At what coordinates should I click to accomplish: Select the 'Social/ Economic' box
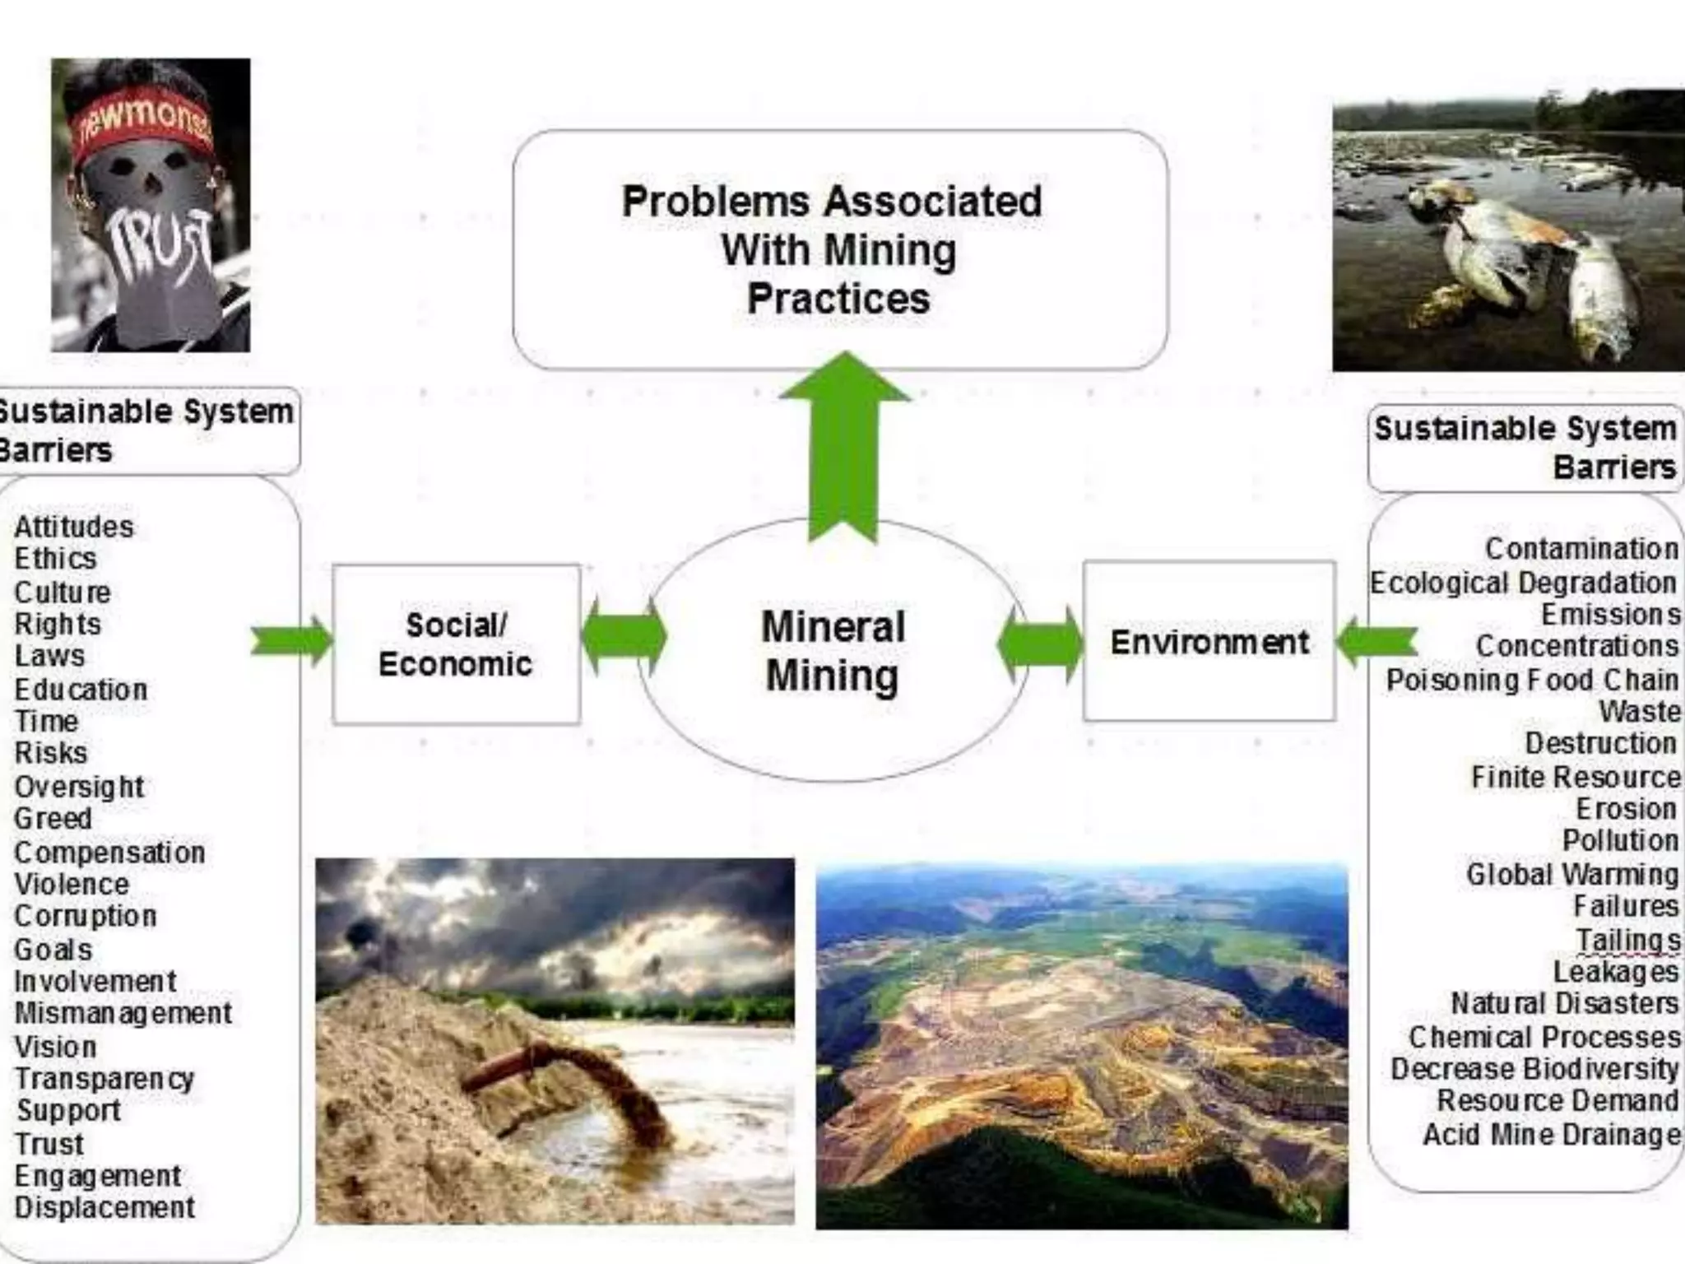coord(456,644)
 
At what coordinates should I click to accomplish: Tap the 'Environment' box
coord(1209,642)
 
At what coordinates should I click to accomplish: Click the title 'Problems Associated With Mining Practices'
coord(833,249)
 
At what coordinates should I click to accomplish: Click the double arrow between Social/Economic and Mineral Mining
coord(624,637)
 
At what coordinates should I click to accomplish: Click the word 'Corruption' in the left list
coord(86,916)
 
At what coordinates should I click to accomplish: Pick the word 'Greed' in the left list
coord(53,819)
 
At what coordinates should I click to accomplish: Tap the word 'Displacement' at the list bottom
coord(105,1208)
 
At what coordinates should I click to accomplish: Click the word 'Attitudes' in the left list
coord(74,527)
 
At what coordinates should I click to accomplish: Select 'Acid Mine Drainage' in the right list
coord(1552,1135)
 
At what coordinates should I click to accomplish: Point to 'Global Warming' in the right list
coord(1571,874)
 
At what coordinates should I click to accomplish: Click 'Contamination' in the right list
coord(1581,549)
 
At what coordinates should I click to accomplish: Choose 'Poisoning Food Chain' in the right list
coord(1532,681)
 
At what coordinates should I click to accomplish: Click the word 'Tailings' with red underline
coord(1627,940)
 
